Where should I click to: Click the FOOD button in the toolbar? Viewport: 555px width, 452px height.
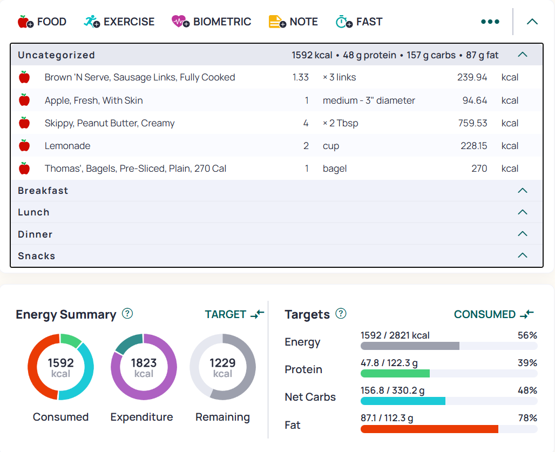coord(42,22)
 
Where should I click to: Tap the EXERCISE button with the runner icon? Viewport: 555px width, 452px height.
coord(119,22)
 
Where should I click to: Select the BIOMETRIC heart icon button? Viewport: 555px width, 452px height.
coord(211,22)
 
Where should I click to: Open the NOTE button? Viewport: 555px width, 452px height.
coord(293,22)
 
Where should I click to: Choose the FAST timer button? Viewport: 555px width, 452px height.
coord(359,22)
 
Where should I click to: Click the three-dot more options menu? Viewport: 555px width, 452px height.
coord(490,22)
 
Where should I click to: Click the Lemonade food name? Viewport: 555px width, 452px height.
coord(67,146)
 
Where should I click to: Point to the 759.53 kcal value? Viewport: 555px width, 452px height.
coord(472,123)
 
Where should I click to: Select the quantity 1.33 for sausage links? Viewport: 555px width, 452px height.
coord(301,77)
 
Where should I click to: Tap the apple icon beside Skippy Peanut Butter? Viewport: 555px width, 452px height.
coord(24,123)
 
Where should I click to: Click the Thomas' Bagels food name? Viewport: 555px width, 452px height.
coord(135,168)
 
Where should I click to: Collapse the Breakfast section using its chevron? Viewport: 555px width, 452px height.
coord(523,191)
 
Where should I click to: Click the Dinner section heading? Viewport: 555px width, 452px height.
coord(35,234)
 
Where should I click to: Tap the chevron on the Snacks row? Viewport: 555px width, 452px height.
coord(523,255)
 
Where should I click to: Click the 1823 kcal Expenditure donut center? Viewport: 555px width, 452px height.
coord(144,367)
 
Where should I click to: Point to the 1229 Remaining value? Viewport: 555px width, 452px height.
coord(222,363)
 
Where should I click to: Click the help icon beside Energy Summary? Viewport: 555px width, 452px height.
coord(127,314)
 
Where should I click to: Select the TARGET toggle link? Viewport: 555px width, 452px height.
coord(234,314)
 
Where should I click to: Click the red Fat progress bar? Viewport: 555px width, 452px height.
coord(429,429)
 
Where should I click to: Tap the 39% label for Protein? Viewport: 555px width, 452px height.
coord(527,363)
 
